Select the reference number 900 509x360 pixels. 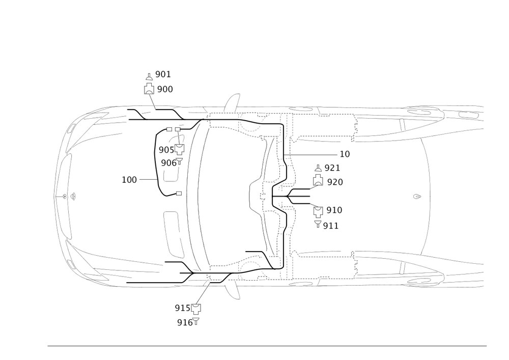tap(164, 89)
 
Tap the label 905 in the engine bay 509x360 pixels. tap(165, 150)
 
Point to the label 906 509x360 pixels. tap(168, 162)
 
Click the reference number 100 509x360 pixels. tap(130, 180)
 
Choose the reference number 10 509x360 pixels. tap(345, 153)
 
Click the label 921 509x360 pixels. tap(332, 168)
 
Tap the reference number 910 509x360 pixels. tap(334, 210)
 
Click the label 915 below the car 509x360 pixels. tap(182, 307)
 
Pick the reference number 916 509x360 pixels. tap(184, 322)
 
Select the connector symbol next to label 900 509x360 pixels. tap(148, 88)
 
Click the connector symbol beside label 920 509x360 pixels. tap(318, 182)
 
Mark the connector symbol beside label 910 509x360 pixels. tap(318, 209)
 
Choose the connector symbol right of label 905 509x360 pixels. tap(179, 149)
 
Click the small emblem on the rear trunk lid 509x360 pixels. tap(416, 196)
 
